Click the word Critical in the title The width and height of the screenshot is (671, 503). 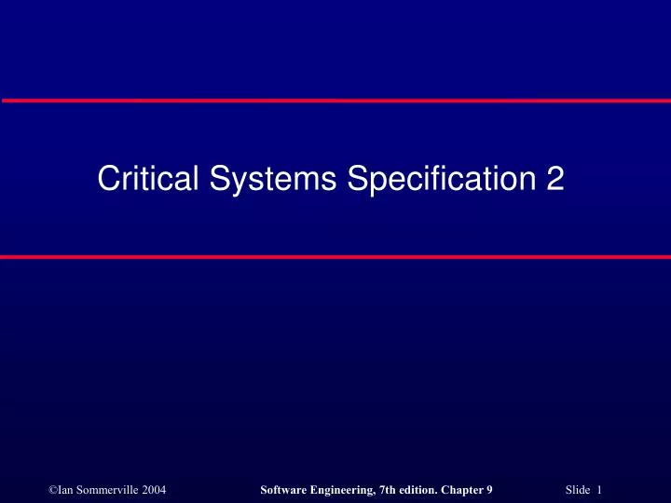pyautogui.click(x=147, y=178)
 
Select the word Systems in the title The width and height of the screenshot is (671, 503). pyautogui.click(x=271, y=178)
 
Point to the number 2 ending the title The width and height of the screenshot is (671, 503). pyautogui.click(x=555, y=178)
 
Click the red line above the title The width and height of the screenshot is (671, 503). pyautogui.click(x=335, y=99)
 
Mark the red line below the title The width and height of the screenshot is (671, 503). pyautogui.click(x=335, y=256)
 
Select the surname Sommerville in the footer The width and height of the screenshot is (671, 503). pyautogui.click(x=103, y=464)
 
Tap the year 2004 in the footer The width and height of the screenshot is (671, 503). pyautogui.click(x=153, y=464)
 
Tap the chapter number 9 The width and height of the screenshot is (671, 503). pyautogui.click(x=490, y=464)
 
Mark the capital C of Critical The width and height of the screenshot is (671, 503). pyautogui.click(x=107, y=178)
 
